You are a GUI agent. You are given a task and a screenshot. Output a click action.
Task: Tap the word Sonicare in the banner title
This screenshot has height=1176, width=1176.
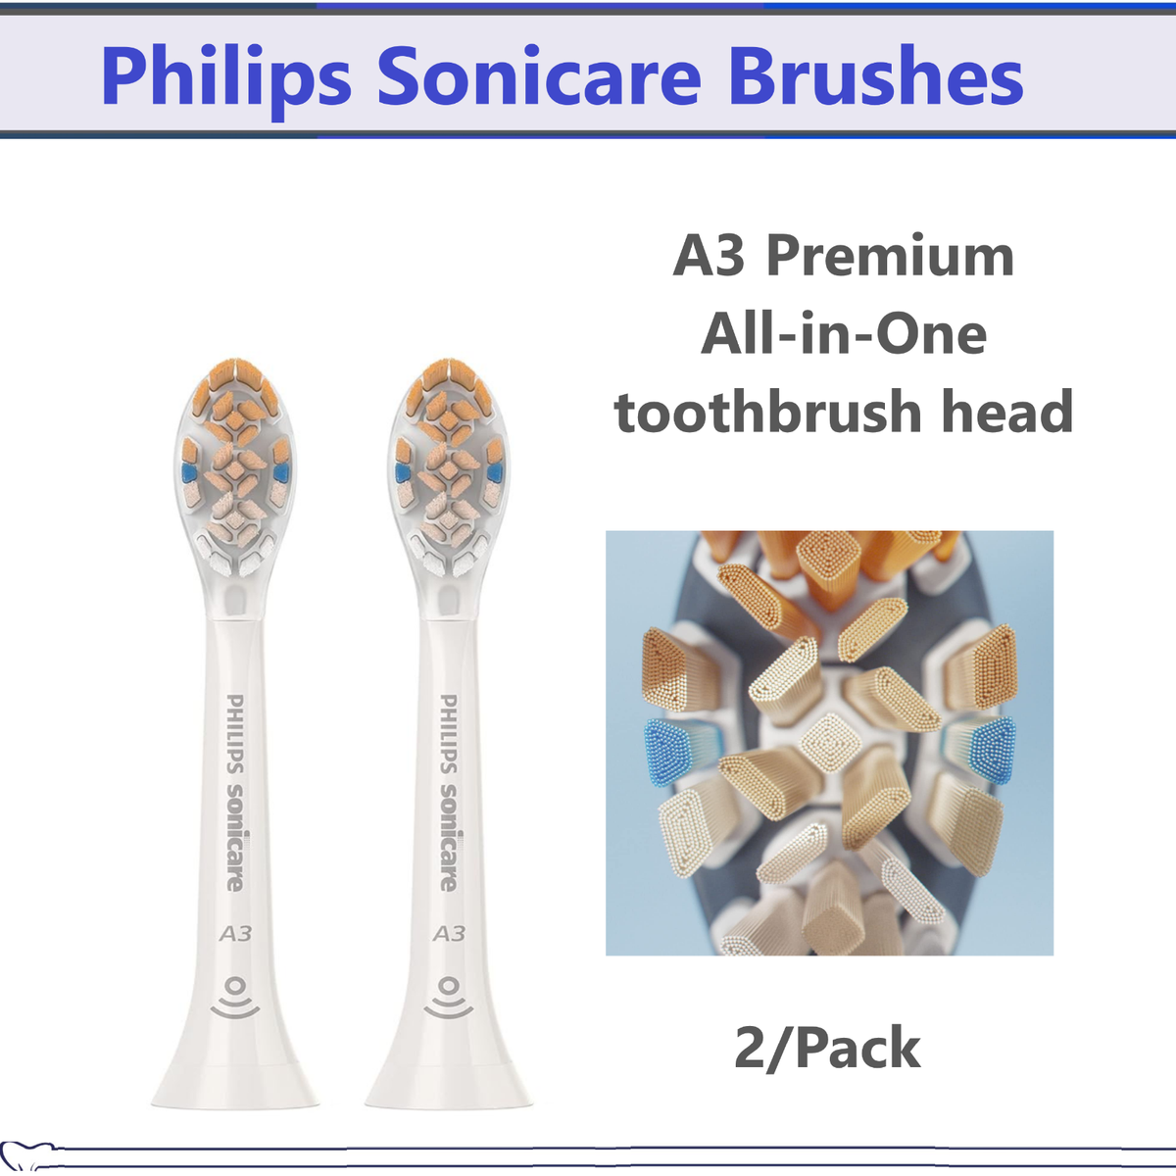click(x=539, y=76)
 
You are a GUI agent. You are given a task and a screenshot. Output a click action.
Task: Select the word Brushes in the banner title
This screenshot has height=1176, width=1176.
click(x=875, y=76)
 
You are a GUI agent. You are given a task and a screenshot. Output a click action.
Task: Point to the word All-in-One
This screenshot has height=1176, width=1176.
click(x=844, y=333)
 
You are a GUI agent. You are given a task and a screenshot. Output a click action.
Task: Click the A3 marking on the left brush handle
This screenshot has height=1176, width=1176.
click(x=235, y=934)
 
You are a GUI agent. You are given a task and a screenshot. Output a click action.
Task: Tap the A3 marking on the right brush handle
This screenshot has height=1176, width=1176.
click(x=449, y=934)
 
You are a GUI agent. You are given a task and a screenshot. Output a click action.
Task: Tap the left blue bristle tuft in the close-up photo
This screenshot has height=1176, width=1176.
click(x=667, y=752)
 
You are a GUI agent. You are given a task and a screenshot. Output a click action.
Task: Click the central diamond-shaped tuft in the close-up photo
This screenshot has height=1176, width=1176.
click(x=830, y=743)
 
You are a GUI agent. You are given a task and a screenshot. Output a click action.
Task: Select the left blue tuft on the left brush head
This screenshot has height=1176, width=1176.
click(x=190, y=472)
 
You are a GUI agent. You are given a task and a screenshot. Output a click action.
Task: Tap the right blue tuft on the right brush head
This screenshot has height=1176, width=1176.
click(x=494, y=472)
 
